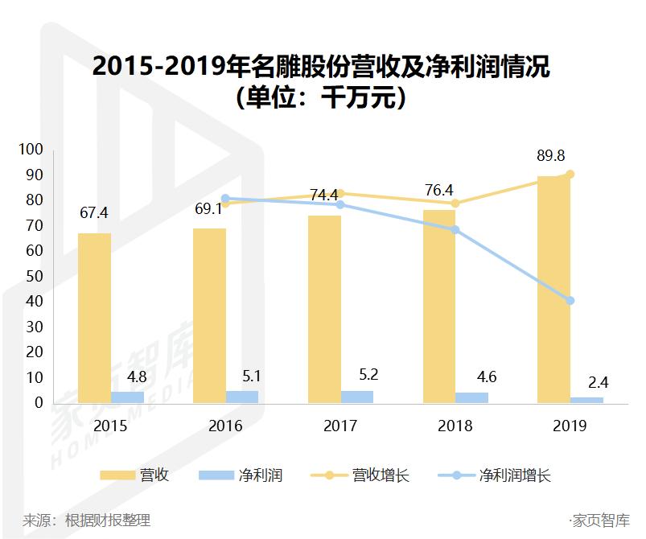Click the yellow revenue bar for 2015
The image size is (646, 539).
[x=94, y=318]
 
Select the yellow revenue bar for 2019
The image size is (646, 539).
[x=553, y=290]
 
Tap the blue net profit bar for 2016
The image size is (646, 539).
[x=242, y=397]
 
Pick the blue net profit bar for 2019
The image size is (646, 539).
[x=586, y=400]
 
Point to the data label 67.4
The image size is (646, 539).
[x=94, y=213]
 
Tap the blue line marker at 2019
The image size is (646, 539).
[x=570, y=301]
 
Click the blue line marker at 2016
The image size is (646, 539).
[x=225, y=198]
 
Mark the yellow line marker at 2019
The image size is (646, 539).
[x=570, y=175]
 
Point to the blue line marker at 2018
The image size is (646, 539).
[x=455, y=230]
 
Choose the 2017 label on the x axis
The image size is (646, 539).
[x=340, y=426]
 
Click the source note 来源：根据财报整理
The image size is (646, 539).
[x=86, y=520]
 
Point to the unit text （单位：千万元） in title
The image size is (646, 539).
[x=322, y=98]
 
